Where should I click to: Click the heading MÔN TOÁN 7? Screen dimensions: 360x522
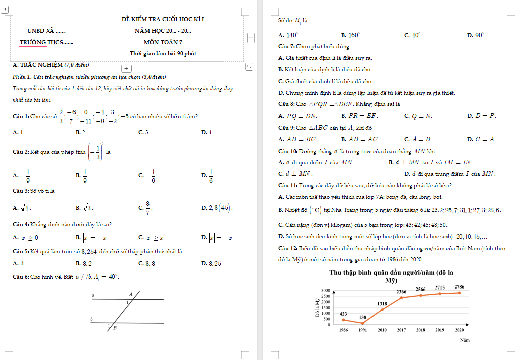tap(163, 42)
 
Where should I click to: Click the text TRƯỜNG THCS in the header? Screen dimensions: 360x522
tap(46, 42)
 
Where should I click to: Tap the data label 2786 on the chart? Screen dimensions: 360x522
tap(459, 287)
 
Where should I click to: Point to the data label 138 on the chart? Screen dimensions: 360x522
tap(362, 317)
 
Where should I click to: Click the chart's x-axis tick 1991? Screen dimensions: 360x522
tap(362, 330)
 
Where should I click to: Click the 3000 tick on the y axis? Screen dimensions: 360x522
tap(325, 290)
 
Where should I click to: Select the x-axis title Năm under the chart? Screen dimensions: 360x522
tap(465, 340)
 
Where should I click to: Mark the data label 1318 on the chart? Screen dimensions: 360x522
tap(382, 304)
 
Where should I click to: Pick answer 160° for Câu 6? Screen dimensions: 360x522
tap(354, 36)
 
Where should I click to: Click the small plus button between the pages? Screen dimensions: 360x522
tap(251, 38)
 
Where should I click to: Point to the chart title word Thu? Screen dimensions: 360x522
tap(336, 273)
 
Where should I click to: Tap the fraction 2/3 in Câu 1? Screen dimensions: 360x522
tap(61, 116)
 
